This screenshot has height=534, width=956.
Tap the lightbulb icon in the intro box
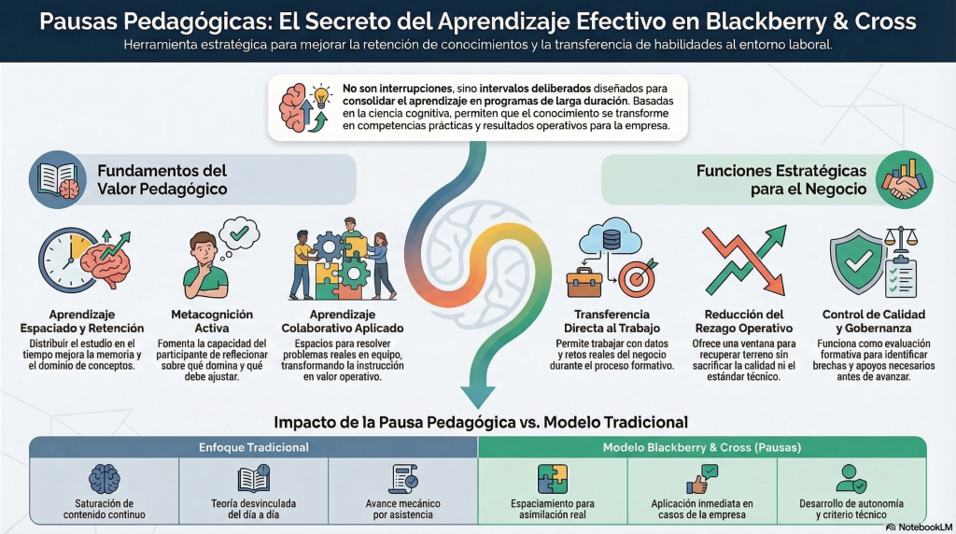tap(321, 97)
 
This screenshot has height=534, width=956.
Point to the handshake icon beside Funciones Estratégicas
tap(903, 187)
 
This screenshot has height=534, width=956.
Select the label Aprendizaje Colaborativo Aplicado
tap(343, 321)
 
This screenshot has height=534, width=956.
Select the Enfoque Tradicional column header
tap(253, 448)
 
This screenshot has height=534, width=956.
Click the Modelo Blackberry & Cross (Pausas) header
tap(702, 448)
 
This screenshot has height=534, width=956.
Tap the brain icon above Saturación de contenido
tap(104, 480)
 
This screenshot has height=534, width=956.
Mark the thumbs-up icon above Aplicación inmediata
tap(702, 480)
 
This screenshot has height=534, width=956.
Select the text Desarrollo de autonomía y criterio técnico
tap(851, 509)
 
